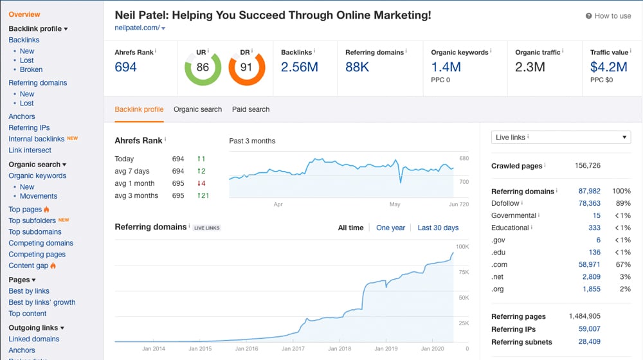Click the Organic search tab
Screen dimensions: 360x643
tap(197, 109)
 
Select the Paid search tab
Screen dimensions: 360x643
tap(250, 109)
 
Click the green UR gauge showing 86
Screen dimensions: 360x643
tap(203, 67)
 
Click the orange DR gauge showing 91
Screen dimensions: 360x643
tap(247, 67)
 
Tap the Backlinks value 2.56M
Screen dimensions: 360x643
tap(300, 67)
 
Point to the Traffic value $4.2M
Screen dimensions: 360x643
tap(608, 67)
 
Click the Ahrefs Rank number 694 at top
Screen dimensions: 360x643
tap(125, 67)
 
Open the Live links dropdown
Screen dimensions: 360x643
tap(561, 137)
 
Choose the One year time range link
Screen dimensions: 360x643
tap(390, 228)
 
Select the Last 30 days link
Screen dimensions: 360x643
tap(438, 228)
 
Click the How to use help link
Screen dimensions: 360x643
tap(608, 16)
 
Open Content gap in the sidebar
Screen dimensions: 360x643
tap(30, 265)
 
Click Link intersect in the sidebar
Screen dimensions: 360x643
tap(30, 150)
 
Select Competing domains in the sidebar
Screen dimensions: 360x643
tap(41, 243)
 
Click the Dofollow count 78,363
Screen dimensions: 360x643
tap(589, 203)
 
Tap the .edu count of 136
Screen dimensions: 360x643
tap(594, 252)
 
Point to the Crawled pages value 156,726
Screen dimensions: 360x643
tap(587, 166)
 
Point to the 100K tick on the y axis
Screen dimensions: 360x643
tap(462, 246)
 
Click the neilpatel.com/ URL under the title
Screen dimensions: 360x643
tap(137, 28)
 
